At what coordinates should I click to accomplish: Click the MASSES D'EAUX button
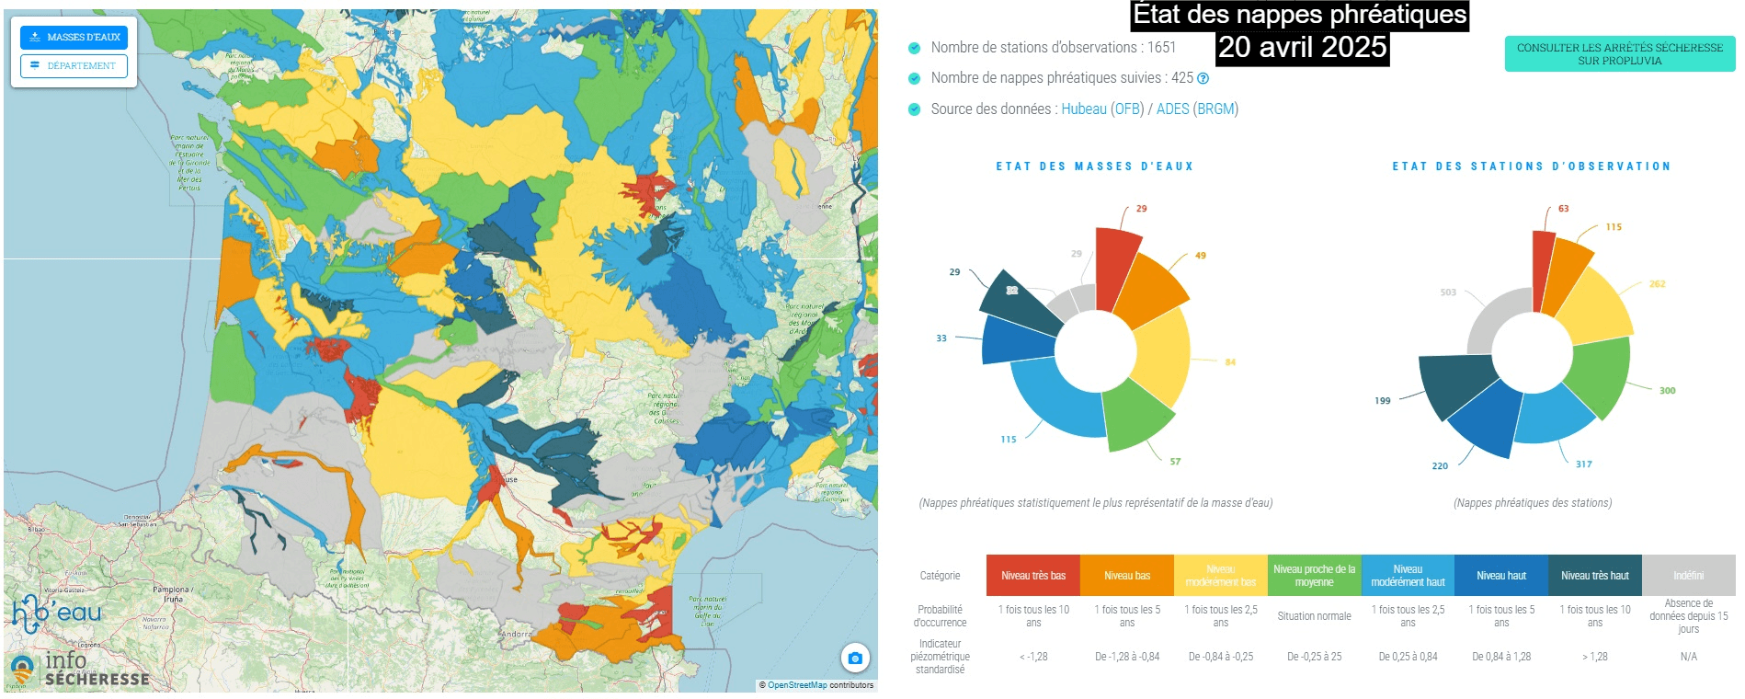pyautogui.click(x=74, y=37)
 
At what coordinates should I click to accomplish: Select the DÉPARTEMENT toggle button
pyautogui.click(x=74, y=65)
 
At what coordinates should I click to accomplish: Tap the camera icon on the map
pyautogui.click(x=855, y=658)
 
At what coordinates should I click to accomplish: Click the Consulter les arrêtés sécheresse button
pyautogui.click(x=1619, y=54)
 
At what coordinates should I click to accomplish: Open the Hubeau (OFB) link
pyautogui.click(x=1102, y=109)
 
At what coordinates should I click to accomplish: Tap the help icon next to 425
pyautogui.click(x=1203, y=79)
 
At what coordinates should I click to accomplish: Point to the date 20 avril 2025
pyautogui.click(x=1302, y=47)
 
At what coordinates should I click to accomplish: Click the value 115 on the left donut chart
pyautogui.click(x=1009, y=440)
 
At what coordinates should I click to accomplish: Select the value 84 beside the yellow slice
pyautogui.click(x=1230, y=362)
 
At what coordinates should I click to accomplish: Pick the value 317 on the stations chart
pyautogui.click(x=1583, y=464)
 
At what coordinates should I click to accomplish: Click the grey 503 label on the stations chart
pyautogui.click(x=1448, y=292)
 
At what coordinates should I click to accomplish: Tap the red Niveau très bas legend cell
pyautogui.click(x=1033, y=576)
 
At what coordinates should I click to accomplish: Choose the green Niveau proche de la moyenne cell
pyautogui.click(x=1314, y=576)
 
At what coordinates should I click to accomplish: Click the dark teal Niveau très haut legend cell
pyautogui.click(x=1594, y=576)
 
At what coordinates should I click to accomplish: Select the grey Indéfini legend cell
pyautogui.click(x=1688, y=576)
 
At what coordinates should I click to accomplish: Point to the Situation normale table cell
pyautogui.click(x=1314, y=616)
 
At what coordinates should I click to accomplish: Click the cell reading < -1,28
pyautogui.click(x=1033, y=657)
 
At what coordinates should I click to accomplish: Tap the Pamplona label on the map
pyautogui.click(x=171, y=590)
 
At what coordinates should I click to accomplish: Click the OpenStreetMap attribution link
pyautogui.click(x=796, y=685)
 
